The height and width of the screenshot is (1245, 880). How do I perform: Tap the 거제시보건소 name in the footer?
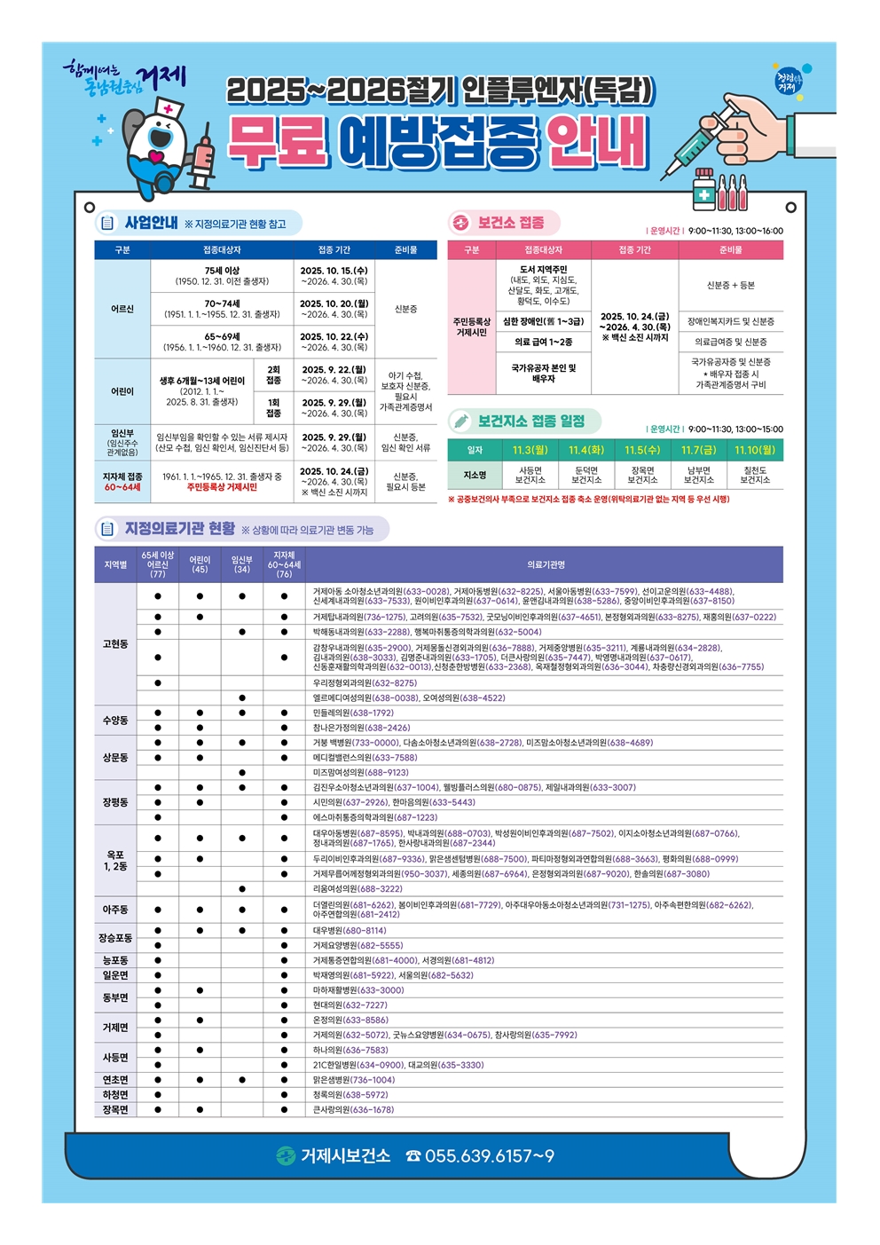345,1155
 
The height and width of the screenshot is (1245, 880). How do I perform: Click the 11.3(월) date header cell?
530,450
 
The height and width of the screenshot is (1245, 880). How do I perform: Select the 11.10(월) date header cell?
755,450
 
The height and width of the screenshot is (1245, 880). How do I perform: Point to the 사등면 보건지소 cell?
530,475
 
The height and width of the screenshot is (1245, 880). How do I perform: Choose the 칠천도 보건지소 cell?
755,475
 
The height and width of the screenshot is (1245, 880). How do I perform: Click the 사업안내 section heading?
151,223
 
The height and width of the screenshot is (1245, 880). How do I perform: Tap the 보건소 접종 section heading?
511,223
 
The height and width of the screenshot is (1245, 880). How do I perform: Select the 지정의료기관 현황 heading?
180,529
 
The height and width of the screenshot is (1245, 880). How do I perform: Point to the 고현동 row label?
115,644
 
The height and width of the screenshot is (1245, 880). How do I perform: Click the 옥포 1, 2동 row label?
115,861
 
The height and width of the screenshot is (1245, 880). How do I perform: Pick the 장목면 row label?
115,1109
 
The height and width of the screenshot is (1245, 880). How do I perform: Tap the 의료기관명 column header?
546,564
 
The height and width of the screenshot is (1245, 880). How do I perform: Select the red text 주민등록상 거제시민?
222,487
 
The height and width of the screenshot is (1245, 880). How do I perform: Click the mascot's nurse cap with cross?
169,108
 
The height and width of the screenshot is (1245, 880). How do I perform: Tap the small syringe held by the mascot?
204,160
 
